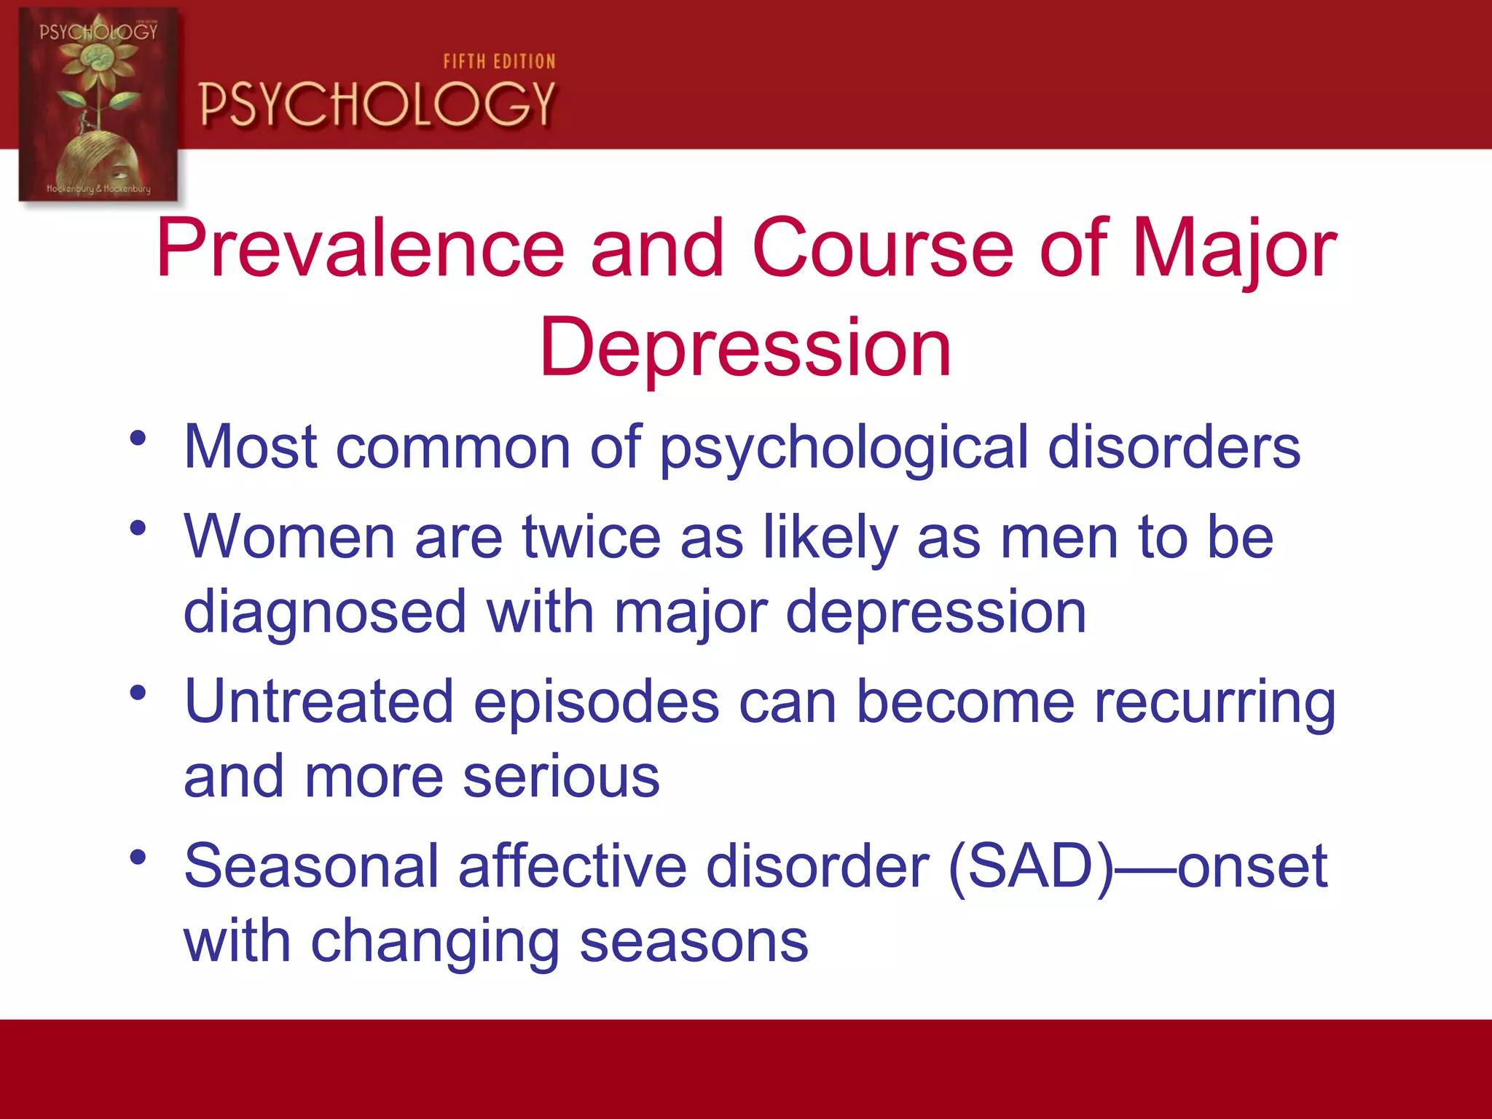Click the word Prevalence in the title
click(361, 249)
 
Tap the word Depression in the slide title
click(745, 348)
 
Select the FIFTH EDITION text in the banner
click(499, 62)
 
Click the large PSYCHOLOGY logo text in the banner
click(377, 104)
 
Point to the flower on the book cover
click(98, 62)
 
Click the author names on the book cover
click(98, 189)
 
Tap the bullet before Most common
click(138, 439)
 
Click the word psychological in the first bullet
click(844, 447)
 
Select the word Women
click(289, 538)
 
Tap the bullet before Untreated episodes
click(138, 692)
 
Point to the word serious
click(561, 777)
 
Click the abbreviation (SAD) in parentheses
click(1031, 867)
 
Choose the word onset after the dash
click(1252, 867)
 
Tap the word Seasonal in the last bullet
click(311, 867)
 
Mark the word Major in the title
click(1234, 249)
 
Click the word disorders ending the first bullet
click(1174, 447)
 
